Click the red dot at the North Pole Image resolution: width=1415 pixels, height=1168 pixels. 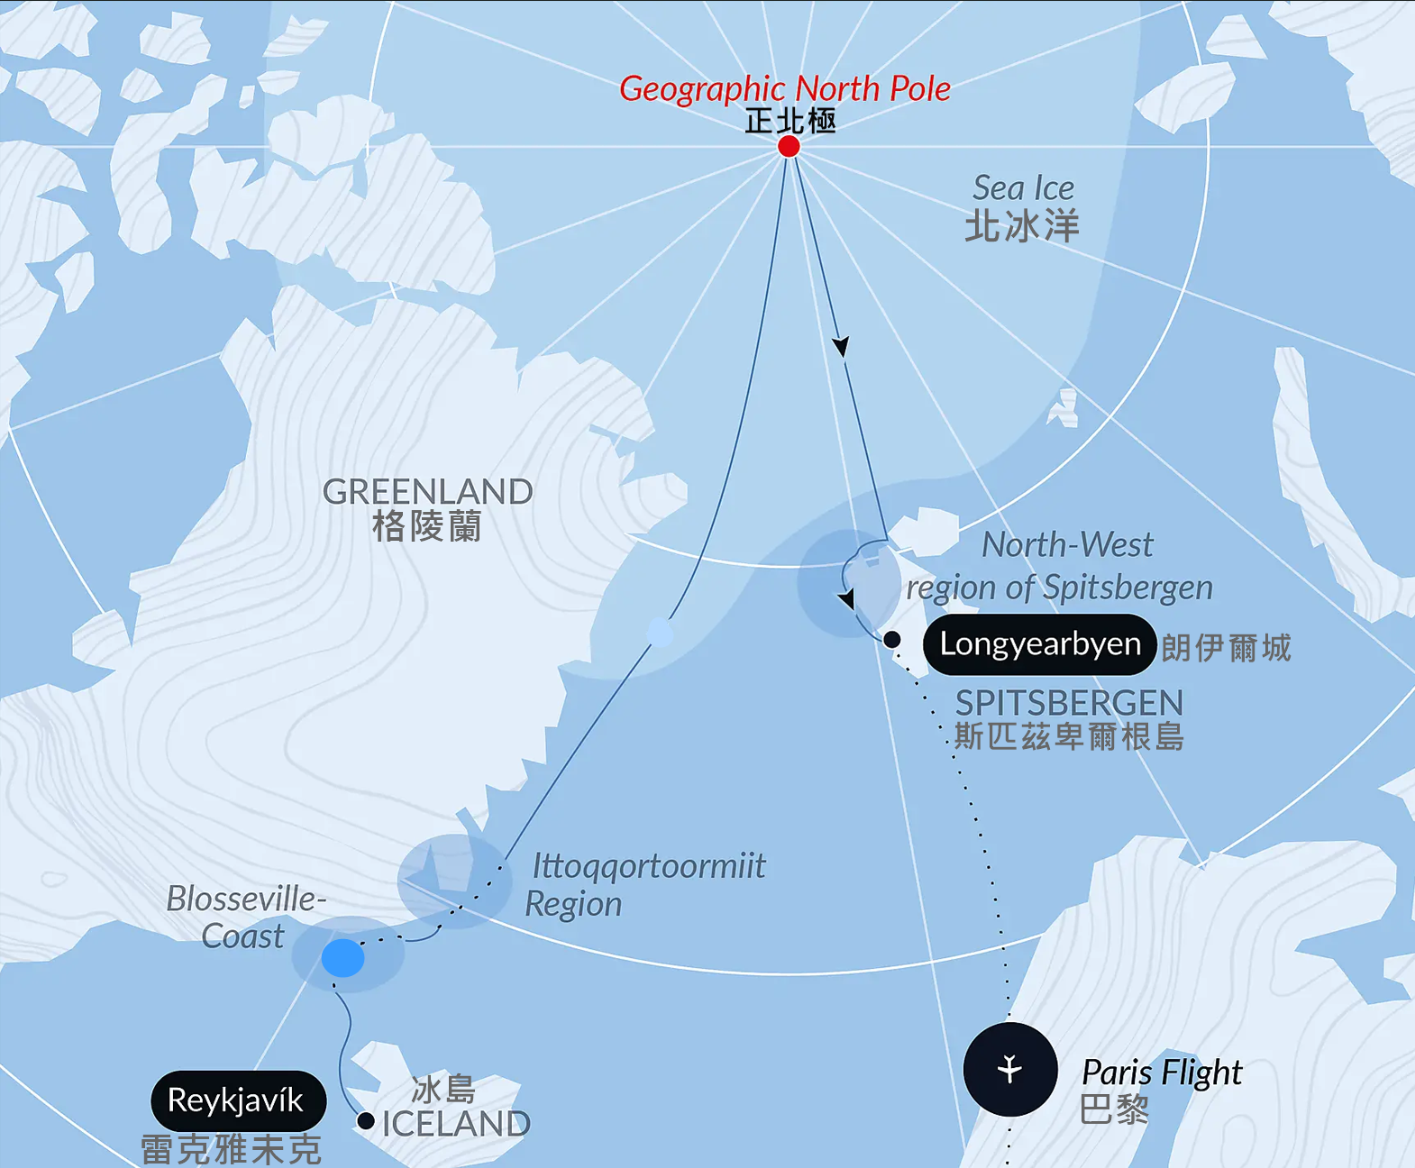pyautogui.click(x=789, y=146)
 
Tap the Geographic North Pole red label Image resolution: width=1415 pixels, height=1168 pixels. pyautogui.click(x=784, y=89)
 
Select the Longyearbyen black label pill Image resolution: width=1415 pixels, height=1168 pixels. pyautogui.click(x=1039, y=644)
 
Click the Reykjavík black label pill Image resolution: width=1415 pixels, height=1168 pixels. pyautogui.click(x=237, y=1100)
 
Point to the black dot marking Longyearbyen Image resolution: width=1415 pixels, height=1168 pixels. pyautogui.click(x=891, y=640)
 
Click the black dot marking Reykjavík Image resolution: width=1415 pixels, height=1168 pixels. pyautogui.click(x=366, y=1121)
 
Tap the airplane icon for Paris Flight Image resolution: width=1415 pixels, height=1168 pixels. pyautogui.click(x=1009, y=1069)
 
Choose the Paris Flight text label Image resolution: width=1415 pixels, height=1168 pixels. pyautogui.click(x=1161, y=1072)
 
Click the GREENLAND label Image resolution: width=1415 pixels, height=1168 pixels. pyautogui.click(x=427, y=492)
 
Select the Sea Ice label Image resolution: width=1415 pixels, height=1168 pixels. pyautogui.click(x=1023, y=188)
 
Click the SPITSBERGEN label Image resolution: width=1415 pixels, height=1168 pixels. pyautogui.click(x=1069, y=703)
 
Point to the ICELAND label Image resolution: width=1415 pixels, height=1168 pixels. pyautogui.click(x=456, y=1124)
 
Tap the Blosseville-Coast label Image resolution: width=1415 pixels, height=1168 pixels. pyautogui.click(x=244, y=917)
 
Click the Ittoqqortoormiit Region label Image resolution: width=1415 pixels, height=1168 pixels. pyautogui.click(x=645, y=884)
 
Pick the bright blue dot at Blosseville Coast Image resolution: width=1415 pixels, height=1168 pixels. pyautogui.click(x=343, y=958)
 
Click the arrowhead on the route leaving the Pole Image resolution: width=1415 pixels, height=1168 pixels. pyautogui.click(x=841, y=346)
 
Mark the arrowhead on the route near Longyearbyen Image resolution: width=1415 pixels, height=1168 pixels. pyautogui.click(x=846, y=598)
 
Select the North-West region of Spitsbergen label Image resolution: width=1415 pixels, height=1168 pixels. pyautogui.click(x=1060, y=566)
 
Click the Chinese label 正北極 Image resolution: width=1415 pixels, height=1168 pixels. pyautogui.click(x=790, y=121)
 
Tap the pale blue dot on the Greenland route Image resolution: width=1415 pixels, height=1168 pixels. pyautogui.click(x=660, y=633)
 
